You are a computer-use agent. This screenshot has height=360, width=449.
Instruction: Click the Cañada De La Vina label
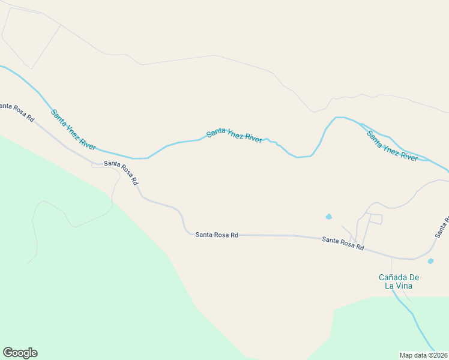(x=399, y=281)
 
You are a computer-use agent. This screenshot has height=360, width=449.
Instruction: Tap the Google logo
(x=20, y=353)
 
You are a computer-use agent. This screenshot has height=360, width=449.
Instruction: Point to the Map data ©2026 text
(x=424, y=355)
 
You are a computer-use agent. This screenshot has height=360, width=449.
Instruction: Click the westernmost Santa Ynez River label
(x=73, y=130)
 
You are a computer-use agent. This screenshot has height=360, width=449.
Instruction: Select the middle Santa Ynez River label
(x=234, y=136)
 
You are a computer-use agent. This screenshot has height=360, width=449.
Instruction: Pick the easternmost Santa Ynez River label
(x=392, y=146)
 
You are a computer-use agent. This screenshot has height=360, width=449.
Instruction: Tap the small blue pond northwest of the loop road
(x=328, y=216)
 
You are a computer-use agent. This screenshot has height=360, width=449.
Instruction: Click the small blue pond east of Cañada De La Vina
(x=430, y=261)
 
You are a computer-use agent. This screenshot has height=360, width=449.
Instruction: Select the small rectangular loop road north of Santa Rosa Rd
(x=375, y=219)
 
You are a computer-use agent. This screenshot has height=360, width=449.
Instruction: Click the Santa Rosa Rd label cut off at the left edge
(x=17, y=112)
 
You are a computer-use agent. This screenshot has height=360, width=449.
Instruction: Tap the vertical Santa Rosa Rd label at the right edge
(x=442, y=227)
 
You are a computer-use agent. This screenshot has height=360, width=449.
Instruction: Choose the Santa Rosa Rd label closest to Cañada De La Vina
(x=343, y=243)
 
